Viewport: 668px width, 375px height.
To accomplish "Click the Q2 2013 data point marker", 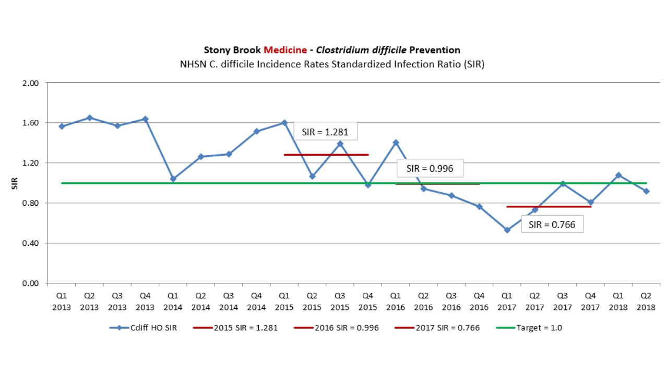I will coord(89,118).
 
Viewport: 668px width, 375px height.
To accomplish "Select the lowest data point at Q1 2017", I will coord(507,230).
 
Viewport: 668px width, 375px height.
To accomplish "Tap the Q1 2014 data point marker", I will coord(173,179).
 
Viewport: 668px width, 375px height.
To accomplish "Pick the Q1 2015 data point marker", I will coord(284,122).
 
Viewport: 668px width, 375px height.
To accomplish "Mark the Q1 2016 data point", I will coord(396,142).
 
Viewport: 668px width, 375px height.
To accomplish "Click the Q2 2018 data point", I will coord(646,191).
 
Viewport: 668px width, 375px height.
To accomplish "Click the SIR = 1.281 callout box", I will coord(325,131).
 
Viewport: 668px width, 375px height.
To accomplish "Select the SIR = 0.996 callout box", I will coord(430,168).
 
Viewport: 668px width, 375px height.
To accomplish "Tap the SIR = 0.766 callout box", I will coord(552,224).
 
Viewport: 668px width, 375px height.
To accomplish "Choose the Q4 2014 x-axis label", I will coord(256,302).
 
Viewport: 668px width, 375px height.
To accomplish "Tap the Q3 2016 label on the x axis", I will coord(451,302).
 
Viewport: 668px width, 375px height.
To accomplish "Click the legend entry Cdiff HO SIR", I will coord(143,328).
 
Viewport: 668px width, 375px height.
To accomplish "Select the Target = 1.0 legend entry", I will coord(532,328).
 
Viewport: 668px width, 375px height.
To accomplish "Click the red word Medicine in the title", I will coord(285,50).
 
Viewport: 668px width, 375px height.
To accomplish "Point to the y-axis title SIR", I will coord(16,183).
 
